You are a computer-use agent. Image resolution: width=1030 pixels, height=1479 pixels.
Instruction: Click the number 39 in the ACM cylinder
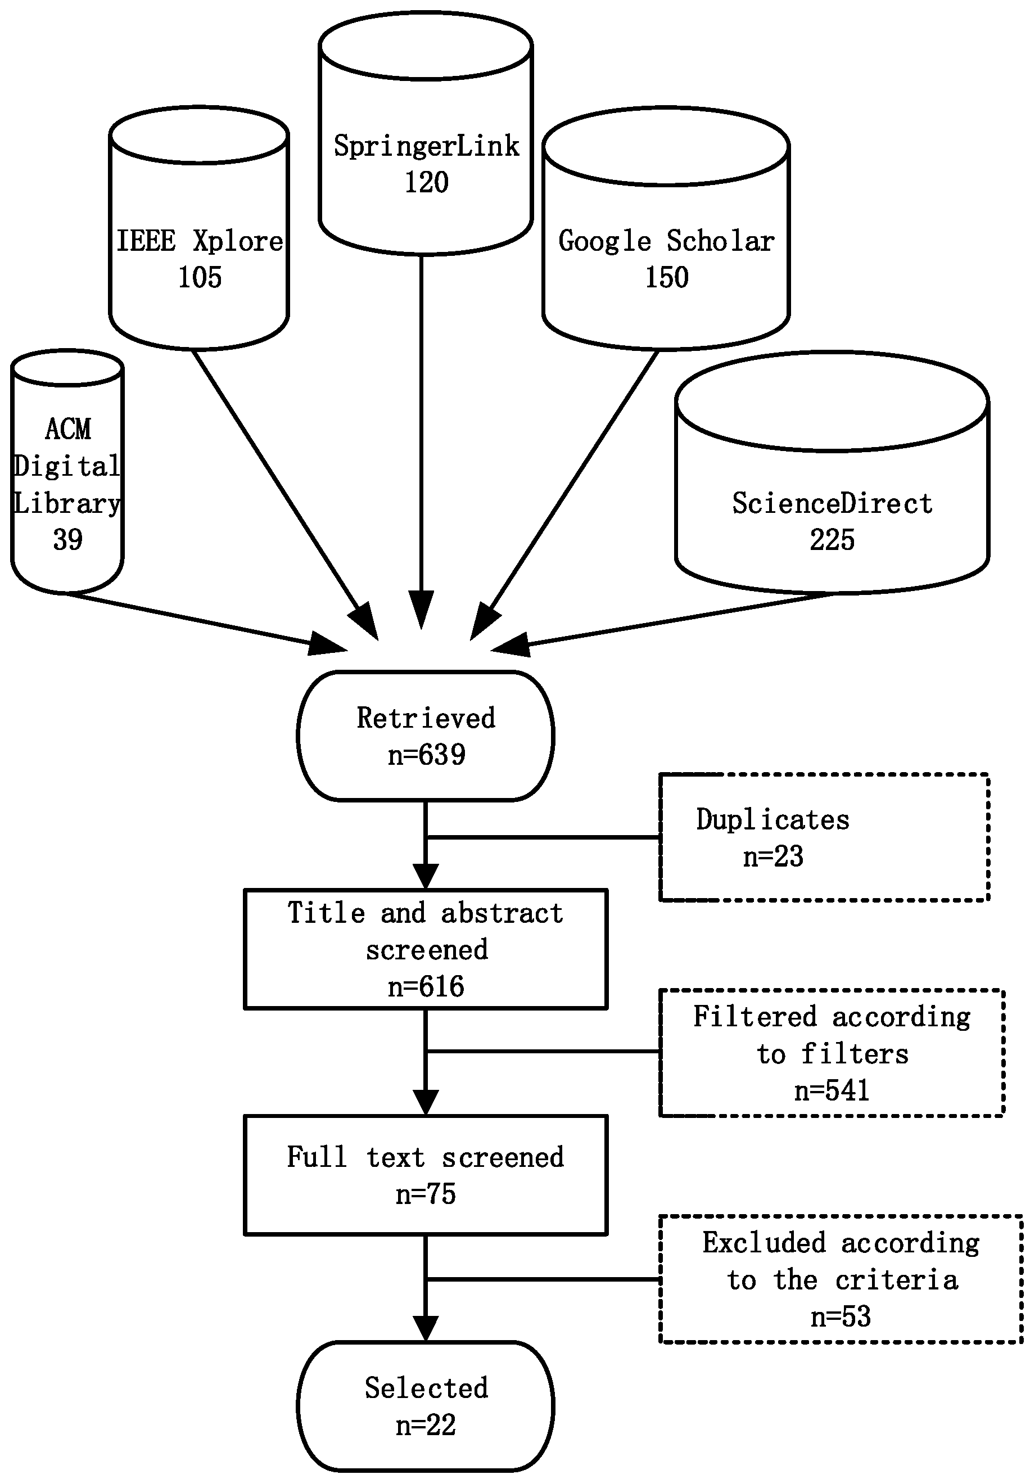67,540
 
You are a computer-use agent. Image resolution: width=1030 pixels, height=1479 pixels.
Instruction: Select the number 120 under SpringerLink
426,182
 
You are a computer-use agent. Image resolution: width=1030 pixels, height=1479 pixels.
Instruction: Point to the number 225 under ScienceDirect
832,540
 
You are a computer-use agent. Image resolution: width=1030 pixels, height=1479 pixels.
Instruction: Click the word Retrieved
426,718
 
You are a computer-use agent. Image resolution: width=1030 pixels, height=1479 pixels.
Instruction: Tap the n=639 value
426,755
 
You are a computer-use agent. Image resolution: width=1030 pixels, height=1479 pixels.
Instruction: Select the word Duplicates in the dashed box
772,820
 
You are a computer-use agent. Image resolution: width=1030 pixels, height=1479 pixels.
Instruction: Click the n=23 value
772,856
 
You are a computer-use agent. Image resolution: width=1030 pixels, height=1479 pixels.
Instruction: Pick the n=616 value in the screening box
426,987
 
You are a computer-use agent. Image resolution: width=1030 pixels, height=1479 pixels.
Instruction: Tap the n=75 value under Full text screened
426,1194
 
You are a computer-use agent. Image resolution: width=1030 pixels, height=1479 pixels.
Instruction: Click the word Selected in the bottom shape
426,1388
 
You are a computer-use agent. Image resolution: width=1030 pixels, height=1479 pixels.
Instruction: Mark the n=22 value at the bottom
426,1425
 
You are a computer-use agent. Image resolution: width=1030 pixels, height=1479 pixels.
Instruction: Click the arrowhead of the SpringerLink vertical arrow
422,612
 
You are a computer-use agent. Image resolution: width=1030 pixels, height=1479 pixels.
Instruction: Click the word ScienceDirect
832,504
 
